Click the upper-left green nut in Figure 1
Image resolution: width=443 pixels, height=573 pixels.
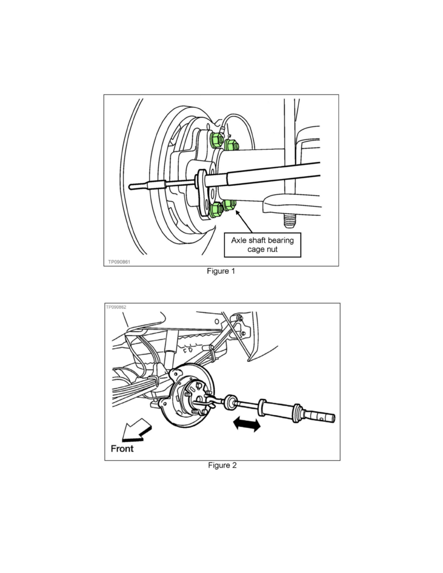[217, 140]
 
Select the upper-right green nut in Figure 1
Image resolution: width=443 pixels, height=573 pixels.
[231, 145]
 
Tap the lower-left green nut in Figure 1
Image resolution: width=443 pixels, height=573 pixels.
[217, 209]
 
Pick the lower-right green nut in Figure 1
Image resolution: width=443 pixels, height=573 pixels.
[230, 205]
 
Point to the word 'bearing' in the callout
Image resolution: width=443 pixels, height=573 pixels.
[281, 241]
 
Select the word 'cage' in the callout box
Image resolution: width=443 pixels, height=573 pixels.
[255, 250]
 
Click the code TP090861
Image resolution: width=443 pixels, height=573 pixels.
[119, 261]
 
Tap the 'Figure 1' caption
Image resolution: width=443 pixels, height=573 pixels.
[221, 271]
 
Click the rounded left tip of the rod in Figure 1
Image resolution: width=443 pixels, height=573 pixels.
[131, 186]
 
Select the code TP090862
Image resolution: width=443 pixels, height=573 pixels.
[116, 307]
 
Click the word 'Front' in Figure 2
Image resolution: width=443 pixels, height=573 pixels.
[122, 449]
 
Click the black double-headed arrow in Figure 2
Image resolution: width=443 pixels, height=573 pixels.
[247, 424]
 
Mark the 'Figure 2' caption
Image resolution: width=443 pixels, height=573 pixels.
[222, 465]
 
